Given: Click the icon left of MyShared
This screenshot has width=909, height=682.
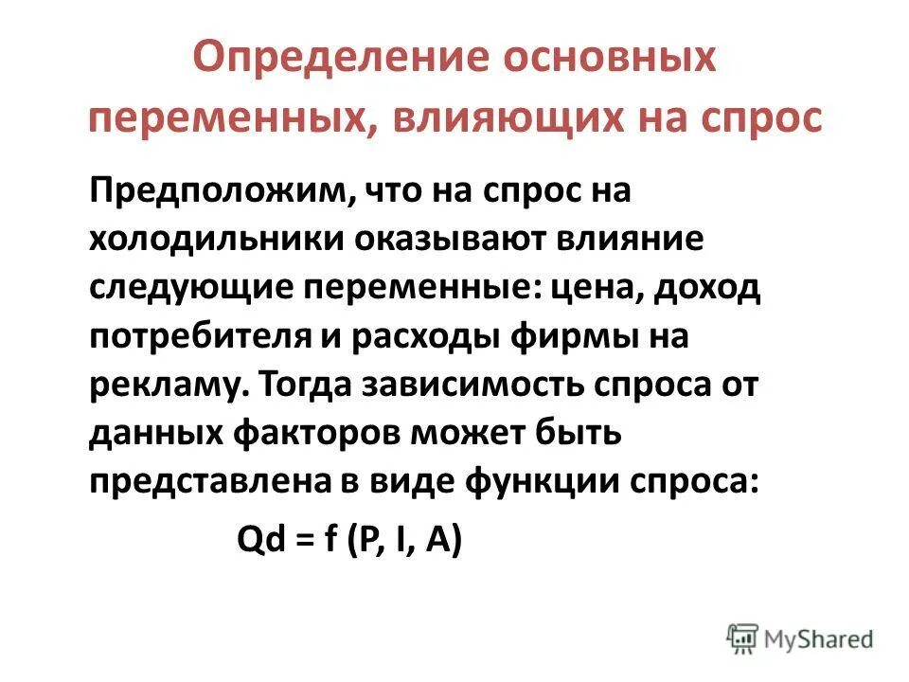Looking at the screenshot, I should point(744,639).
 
